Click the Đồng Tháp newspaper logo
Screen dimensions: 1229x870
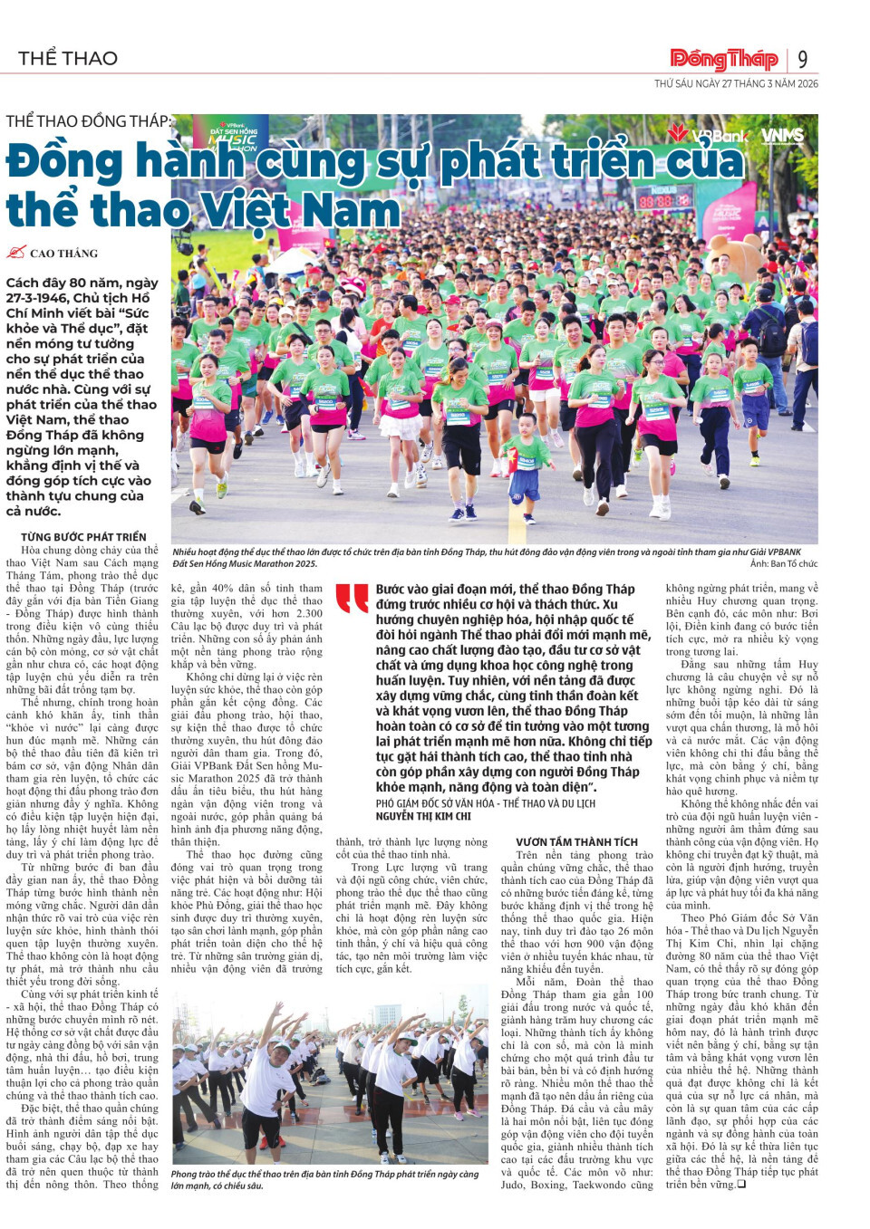click(723, 60)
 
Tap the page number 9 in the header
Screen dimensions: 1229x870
click(803, 60)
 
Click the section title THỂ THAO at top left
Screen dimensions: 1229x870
click(68, 59)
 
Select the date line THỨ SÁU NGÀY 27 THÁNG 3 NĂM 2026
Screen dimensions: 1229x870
click(736, 83)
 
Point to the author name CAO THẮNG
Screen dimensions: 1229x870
click(63, 254)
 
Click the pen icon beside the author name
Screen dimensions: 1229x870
click(16, 253)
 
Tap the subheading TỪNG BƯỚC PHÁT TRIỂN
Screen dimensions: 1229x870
click(83, 537)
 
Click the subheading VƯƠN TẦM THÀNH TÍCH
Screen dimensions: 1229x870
click(576, 842)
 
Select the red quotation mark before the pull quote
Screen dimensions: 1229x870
click(352, 598)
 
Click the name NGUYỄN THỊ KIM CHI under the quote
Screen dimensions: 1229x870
click(423, 816)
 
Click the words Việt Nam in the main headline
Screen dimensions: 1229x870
click(300, 210)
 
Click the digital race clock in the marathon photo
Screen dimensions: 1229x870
click(665, 200)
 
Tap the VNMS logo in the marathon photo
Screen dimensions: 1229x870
click(782, 136)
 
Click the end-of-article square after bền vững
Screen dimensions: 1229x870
click(741, 1184)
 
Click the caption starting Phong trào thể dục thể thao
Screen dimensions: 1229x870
click(324, 1179)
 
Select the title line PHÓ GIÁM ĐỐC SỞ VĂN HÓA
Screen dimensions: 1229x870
click(486, 803)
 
